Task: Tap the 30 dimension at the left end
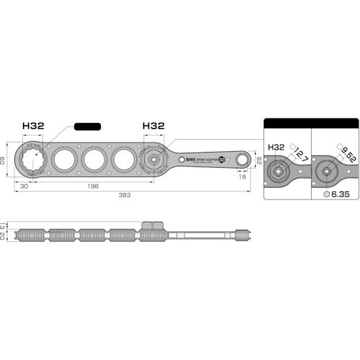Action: coord(24,185)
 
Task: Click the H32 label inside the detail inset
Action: coord(276,146)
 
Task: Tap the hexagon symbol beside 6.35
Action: coord(328,194)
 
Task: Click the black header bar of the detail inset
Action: coord(311,122)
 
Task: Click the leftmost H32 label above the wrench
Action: coord(33,125)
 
